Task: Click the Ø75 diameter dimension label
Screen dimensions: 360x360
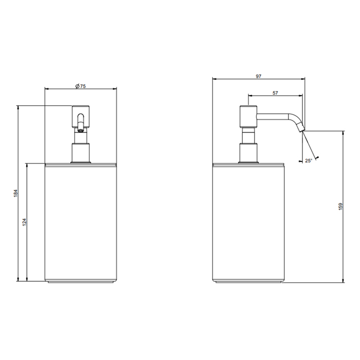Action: tap(80, 86)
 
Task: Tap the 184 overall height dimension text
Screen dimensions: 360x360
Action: tap(15, 193)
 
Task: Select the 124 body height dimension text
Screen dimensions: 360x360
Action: tap(24, 222)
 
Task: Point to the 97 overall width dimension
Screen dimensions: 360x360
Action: tap(258, 76)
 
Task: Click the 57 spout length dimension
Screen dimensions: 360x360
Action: tap(275, 93)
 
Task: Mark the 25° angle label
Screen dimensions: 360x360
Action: tap(308, 161)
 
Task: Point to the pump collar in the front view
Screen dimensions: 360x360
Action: tap(80, 153)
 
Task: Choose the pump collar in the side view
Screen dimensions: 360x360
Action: tap(248, 153)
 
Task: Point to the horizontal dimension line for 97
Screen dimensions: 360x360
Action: tap(231, 80)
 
